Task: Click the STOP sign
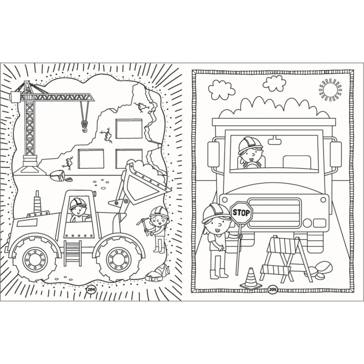click(241, 213)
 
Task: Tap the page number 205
click(273, 295)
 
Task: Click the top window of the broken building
click(129, 129)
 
